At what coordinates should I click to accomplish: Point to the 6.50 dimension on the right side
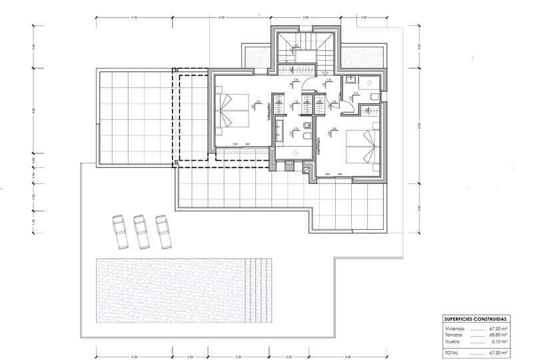click(x=419, y=125)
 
